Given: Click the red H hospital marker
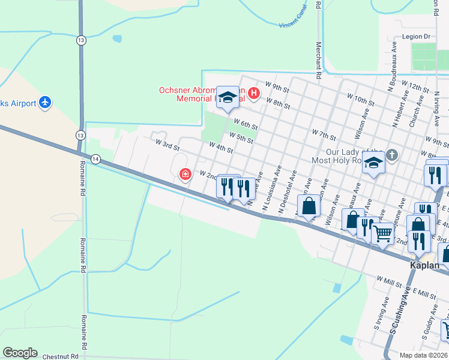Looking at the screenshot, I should (253, 93).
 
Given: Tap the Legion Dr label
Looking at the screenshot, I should (417, 37).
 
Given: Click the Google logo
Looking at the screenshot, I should (20, 353).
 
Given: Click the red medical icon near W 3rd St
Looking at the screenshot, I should (185, 174).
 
